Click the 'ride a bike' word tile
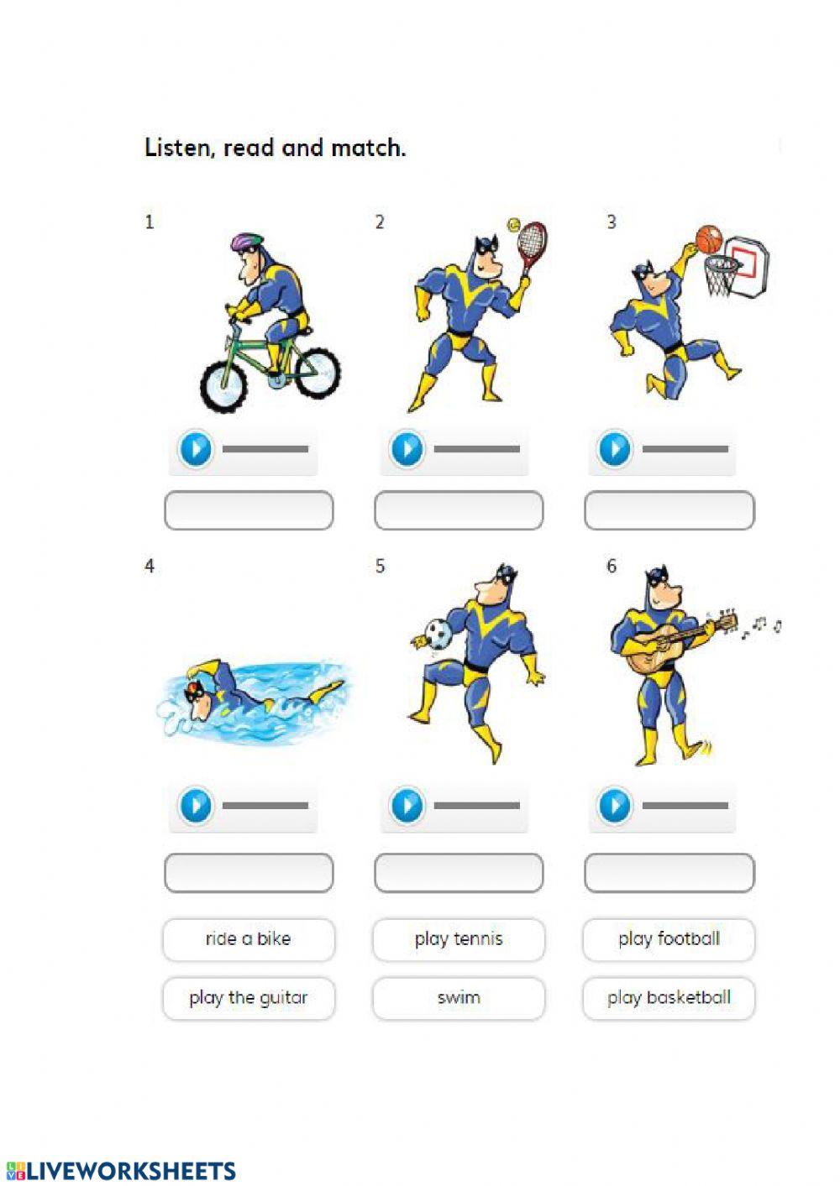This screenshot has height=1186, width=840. coord(249,939)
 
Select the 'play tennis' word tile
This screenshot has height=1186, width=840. coord(459,939)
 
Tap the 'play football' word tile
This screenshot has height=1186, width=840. coord(669,939)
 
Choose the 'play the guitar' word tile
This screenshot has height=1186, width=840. coord(249,998)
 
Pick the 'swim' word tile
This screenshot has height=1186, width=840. coord(459,998)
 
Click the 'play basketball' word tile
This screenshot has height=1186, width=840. coord(669,998)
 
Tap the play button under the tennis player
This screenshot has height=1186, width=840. coord(407,449)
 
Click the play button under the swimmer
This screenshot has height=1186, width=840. coord(196,806)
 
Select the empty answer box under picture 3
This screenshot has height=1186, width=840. coord(669,510)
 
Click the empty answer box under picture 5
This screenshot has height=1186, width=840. coord(459,873)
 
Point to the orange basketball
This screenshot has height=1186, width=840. coord(709,239)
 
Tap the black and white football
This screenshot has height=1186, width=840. coord(438,633)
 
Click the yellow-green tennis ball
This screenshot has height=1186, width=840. coord(513,225)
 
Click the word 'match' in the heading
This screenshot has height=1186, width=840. coord(368,148)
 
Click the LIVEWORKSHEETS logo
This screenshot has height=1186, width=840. coord(121,1171)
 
